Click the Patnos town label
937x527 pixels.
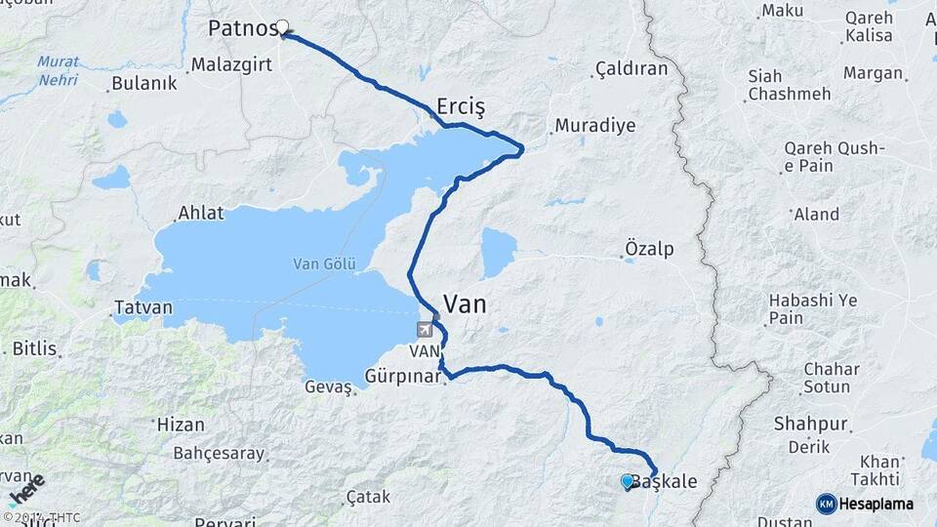tap(242, 28)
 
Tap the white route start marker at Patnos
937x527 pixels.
tap(283, 27)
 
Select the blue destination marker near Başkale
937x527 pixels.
tap(627, 480)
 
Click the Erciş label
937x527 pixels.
tap(462, 105)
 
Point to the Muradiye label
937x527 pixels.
tap(582, 126)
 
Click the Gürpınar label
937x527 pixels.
tap(404, 376)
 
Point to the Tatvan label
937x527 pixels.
tap(143, 308)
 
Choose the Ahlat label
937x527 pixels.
tap(200, 213)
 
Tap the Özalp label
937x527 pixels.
tap(649, 250)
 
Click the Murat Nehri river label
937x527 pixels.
tap(59, 70)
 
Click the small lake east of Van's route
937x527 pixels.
tap(498, 252)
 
